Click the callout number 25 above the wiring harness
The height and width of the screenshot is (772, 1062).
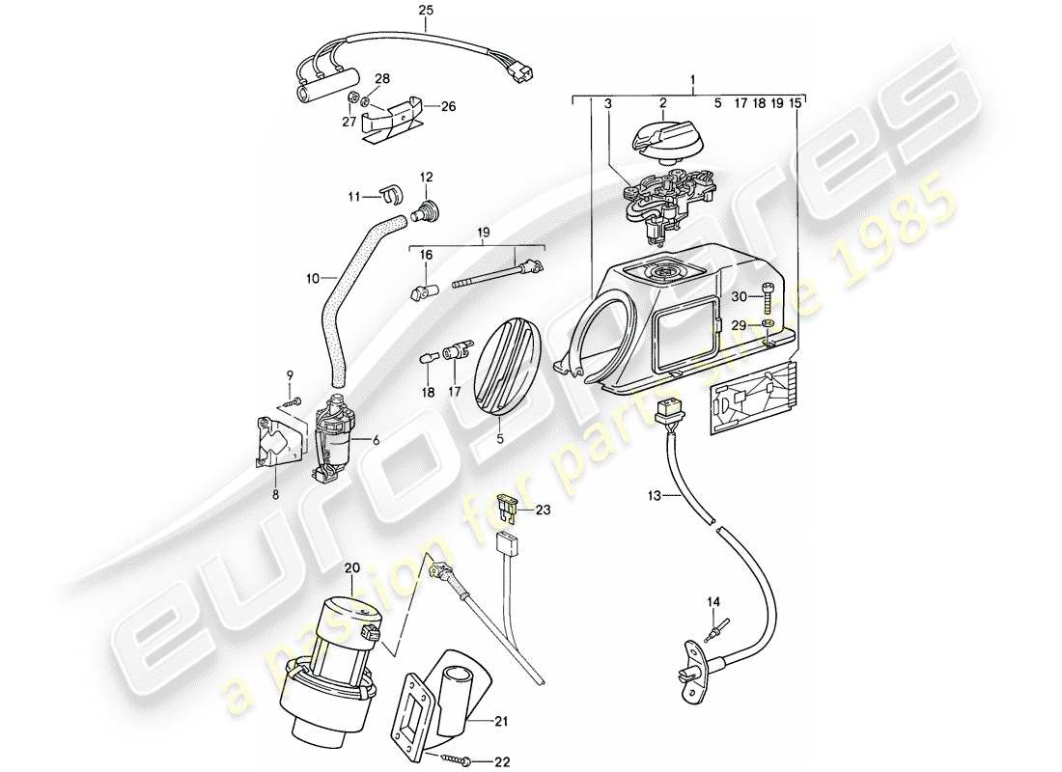tap(426, 11)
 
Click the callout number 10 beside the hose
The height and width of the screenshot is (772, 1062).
tap(312, 279)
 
